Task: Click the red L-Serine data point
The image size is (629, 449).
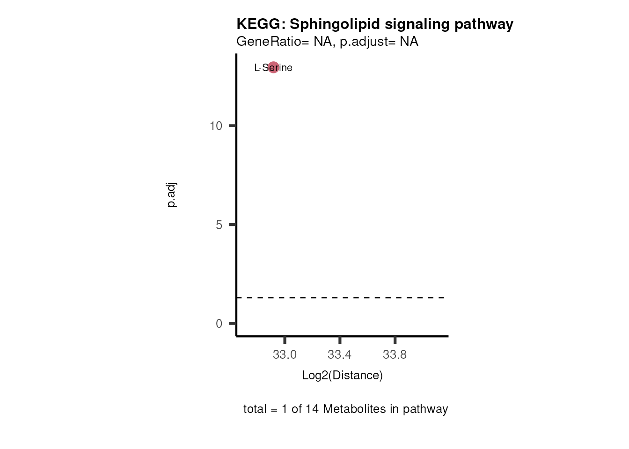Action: (x=273, y=67)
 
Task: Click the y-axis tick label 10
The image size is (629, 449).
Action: (x=216, y=126)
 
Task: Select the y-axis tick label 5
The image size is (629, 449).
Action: (x=219, y=225)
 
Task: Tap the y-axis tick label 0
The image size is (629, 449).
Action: (x=219, y=324)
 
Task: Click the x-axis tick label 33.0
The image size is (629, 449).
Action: (x=285, y=355)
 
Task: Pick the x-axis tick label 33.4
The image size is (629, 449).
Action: (x=339, y=355)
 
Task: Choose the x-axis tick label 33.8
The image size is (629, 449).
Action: (x=395, y=355)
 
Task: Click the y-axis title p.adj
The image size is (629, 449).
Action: (x=172, y=195)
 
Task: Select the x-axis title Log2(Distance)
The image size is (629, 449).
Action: (x=342, y=375)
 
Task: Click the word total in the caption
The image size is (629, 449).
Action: (x=255, y=409)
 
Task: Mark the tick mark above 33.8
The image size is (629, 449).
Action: (x=395, y=340)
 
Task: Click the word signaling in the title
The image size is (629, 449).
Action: (x=411, y=24)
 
